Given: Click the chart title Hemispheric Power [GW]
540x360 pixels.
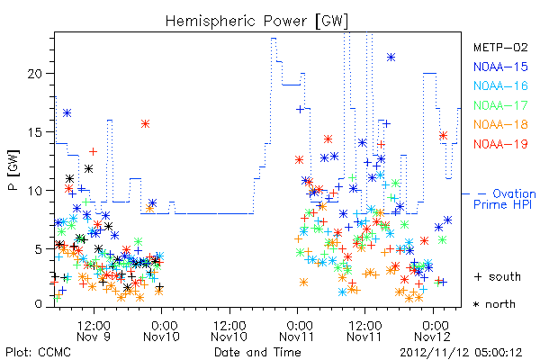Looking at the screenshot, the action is tap(256, 21).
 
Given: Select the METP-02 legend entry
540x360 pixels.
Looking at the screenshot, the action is tap(500, 47).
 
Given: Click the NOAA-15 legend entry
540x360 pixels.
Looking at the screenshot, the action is tap(500, 67).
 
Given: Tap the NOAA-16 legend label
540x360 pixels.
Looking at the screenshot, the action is tap(500, 85).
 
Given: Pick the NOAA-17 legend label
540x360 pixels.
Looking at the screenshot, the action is tap(500, 105).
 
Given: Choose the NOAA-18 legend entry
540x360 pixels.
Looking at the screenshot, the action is tap(500, 124).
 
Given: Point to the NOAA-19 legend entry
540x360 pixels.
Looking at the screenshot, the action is tap(500, 144).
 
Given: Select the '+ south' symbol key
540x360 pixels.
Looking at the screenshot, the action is tap(498, 276).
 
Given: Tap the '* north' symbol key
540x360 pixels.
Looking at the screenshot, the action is tap(494, 304).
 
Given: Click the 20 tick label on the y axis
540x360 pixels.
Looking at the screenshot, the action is tap(35, 74).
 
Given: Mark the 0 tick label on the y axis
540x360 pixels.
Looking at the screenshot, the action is tap(39, 304).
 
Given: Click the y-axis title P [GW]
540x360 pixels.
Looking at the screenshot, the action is tap(13, 170).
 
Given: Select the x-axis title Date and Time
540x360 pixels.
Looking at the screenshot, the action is tap(257, 352).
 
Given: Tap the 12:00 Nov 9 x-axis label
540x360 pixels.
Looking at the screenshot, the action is tap(94, 331).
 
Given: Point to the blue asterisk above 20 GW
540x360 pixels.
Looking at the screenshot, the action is tap(391, 58).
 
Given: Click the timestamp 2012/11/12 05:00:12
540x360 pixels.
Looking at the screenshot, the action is tap(461, 353).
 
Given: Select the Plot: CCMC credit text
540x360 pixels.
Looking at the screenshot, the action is tap(38, 353).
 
